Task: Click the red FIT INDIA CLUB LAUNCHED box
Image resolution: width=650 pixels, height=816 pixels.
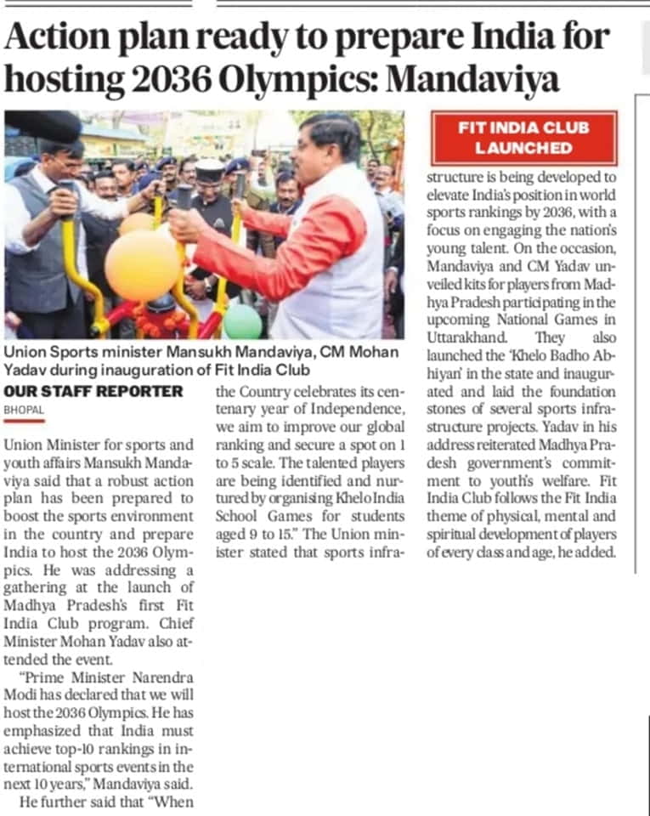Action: pos(524,138)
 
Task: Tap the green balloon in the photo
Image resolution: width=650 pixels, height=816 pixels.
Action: pos(243,322)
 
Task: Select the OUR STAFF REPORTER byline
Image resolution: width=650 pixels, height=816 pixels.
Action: pos(93,392)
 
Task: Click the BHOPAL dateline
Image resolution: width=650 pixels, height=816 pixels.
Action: pos(25,410)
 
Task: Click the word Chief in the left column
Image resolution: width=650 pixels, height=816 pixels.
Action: pos(175,622)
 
